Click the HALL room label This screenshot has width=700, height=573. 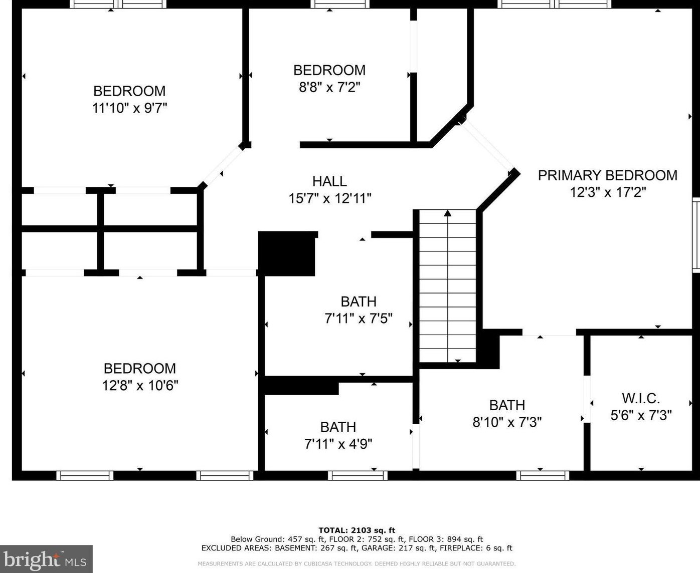click(329, 181)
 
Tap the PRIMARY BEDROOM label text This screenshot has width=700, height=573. click(608, 175)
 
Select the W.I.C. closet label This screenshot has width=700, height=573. click(641, 399)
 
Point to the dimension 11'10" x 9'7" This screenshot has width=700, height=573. click(129, 108)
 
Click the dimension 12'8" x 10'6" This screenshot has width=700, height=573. click(140, 386)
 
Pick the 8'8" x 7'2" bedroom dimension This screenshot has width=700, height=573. click(329, 88)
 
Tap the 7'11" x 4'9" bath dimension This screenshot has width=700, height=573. click(338, 444)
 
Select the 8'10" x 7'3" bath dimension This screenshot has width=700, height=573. click(507, 422)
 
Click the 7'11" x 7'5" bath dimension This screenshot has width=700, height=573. click(359, 319)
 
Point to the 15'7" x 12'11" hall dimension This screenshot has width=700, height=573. click(329, 199)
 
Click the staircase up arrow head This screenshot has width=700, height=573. click(448, 213)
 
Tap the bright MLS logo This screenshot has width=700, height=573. click(46, 559)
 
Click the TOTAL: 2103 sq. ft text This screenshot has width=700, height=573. click(357, 530)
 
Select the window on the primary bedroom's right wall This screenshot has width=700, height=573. click(696, 235)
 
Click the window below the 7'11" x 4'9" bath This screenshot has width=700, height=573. click(358, 476)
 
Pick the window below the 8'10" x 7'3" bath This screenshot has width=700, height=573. click(543, 476)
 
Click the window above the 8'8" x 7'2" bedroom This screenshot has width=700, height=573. click(340, 4)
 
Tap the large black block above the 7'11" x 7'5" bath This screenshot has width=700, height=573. click(287, 253)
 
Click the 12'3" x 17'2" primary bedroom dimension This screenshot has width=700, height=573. click(608, 192)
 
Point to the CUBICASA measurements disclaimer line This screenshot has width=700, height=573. click(357, 563)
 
